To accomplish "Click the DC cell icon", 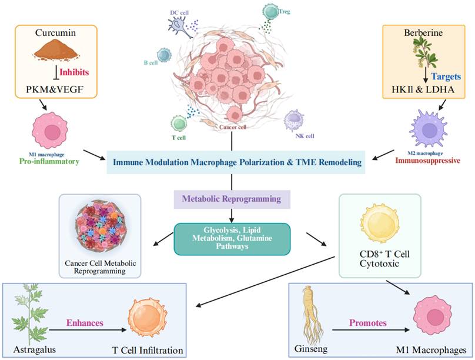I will click(x=180, y=25).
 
